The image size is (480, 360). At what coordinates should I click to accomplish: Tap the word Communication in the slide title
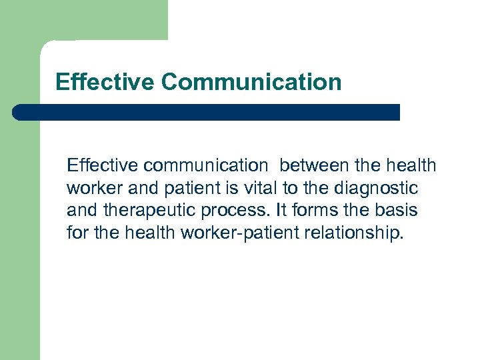tap(251, 82)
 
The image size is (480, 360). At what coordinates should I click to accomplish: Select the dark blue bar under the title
tap(207, 112)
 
